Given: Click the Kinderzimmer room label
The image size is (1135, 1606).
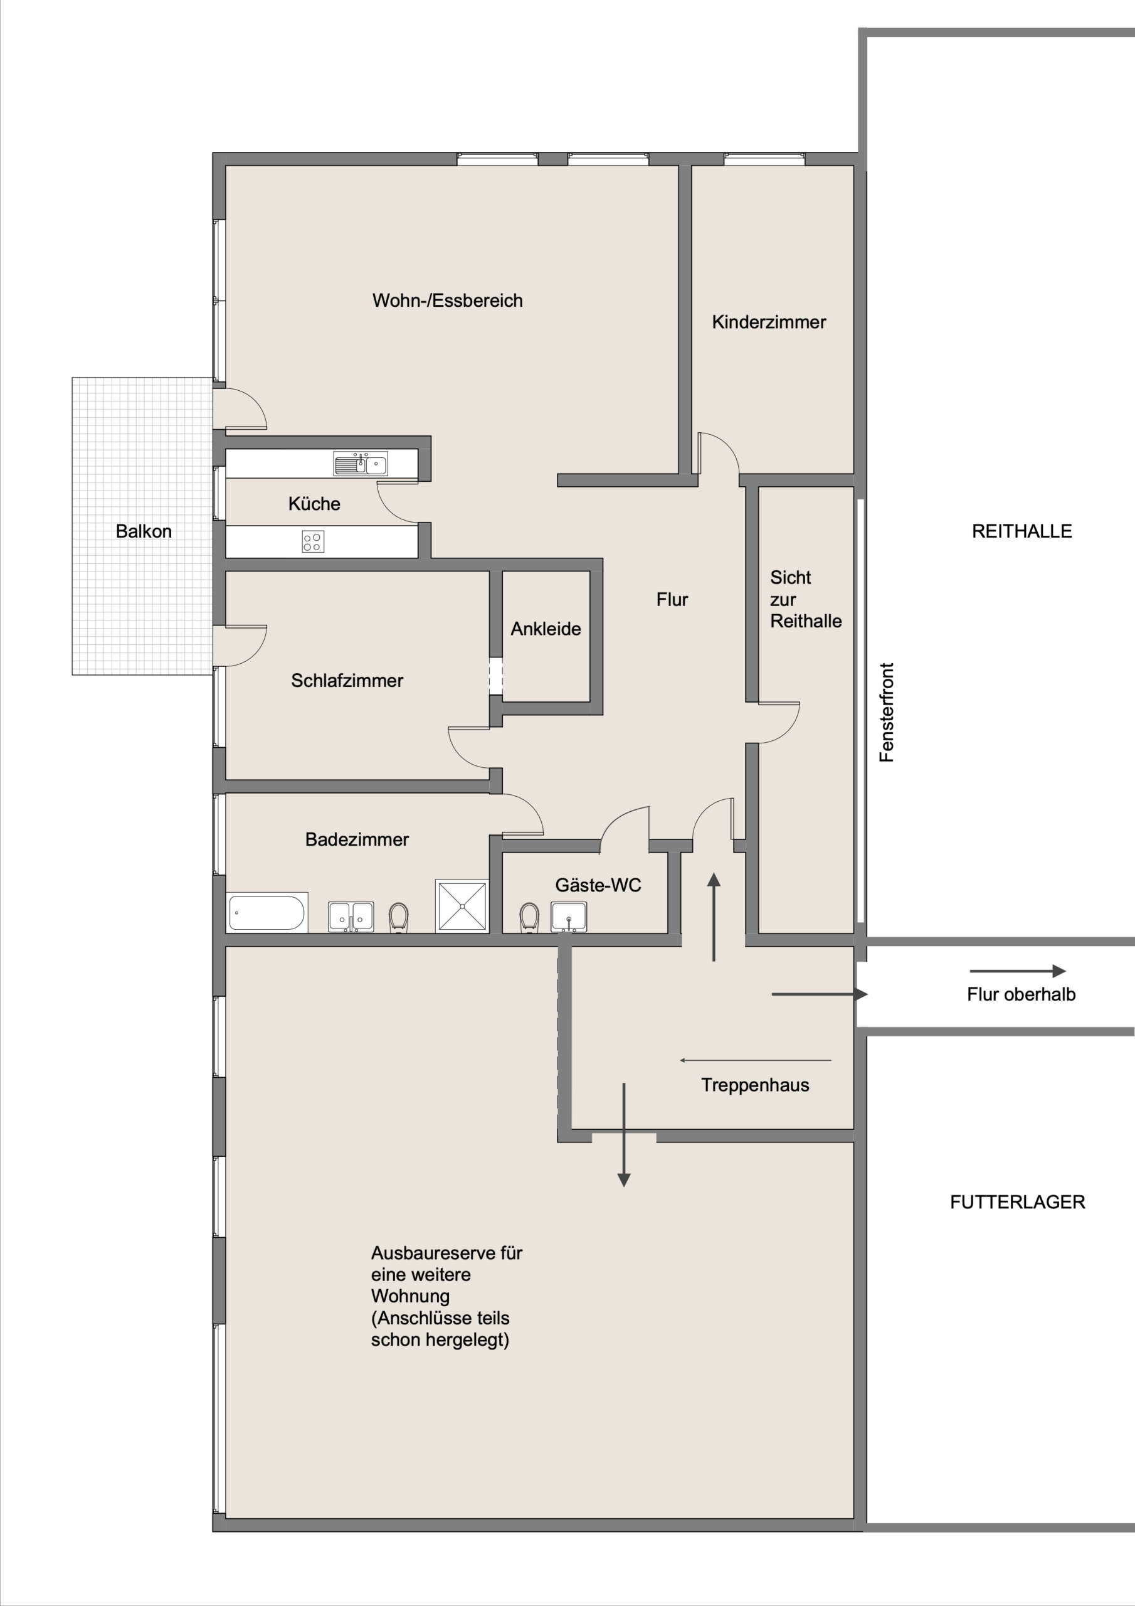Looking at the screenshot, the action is click(x=769, y=322).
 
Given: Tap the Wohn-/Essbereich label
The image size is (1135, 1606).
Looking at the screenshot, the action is click(x=448, y=300).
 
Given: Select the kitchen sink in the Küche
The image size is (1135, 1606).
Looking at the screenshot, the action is click(x=360, y=463).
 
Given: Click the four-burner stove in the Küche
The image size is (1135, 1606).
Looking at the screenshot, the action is click(x=313, y=541).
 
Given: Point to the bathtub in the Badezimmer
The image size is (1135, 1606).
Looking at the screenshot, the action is click(x=267, y=913).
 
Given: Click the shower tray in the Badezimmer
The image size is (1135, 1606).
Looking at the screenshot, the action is click(x=462, y=906).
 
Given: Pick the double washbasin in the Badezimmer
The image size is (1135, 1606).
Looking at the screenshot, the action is click(x=351, y=917).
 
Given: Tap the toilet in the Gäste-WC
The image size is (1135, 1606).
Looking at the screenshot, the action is click(x=529, y=917).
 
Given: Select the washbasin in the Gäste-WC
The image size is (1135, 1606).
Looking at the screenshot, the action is click(x=569, y=917).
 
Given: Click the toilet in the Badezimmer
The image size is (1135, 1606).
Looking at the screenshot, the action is click(x=399, y=917).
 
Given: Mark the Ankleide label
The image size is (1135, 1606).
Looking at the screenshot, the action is click(x=546, y=629).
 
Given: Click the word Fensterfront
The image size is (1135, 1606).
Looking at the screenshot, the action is click(x=887, y=712).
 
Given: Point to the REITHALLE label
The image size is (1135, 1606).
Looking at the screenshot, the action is click(x=1021, y=531).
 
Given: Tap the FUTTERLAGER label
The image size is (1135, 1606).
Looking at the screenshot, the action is click(x=1018, y=1202).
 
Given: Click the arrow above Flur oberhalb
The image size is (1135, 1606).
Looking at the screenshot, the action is click(x=1018, y=971).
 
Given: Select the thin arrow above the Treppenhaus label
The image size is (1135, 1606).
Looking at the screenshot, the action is click(x=755, y=1060).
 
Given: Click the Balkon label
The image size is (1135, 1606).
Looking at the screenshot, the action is click(x=144, y=531).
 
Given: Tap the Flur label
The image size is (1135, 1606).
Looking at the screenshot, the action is click(x=672, y=600).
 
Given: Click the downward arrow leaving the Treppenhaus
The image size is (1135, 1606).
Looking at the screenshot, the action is click(x=624, y=1135).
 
